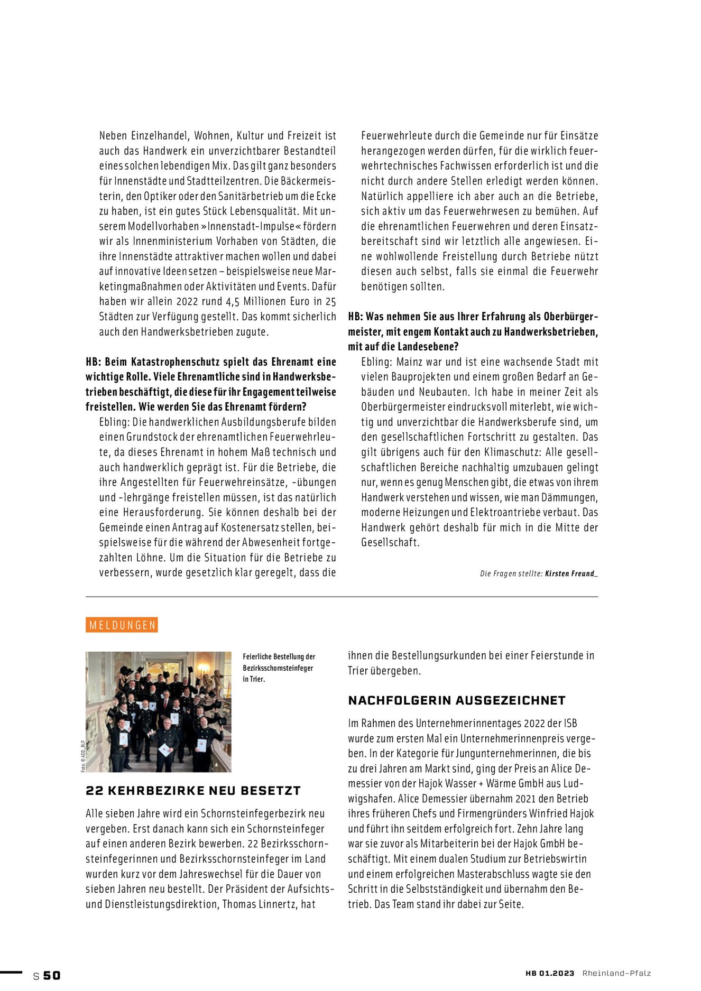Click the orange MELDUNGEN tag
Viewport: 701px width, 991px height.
point(122,625)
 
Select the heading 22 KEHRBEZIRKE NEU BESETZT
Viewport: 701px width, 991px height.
point(193,791)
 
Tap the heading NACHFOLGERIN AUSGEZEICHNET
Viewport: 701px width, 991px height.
point(457,700)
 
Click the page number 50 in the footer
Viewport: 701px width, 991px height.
point(51,975)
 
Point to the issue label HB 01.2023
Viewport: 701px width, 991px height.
point(550,973)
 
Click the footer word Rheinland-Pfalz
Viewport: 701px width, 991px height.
point(616,973)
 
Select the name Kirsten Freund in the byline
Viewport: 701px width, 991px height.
point(570,573)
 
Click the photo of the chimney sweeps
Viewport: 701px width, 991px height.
point(159,711)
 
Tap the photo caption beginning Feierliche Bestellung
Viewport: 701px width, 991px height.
point(279,668)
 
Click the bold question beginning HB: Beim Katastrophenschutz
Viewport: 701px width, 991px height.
point(211,384)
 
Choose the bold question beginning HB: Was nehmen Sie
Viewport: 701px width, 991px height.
point(473,331)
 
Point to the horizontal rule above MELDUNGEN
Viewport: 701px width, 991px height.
point(342,597)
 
